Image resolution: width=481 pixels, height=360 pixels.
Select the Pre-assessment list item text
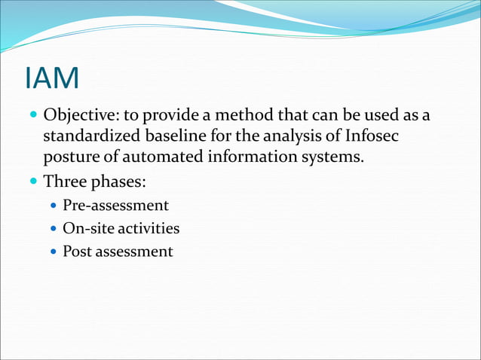tap(115, 206)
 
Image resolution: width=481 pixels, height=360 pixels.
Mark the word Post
tap(76, 251)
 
